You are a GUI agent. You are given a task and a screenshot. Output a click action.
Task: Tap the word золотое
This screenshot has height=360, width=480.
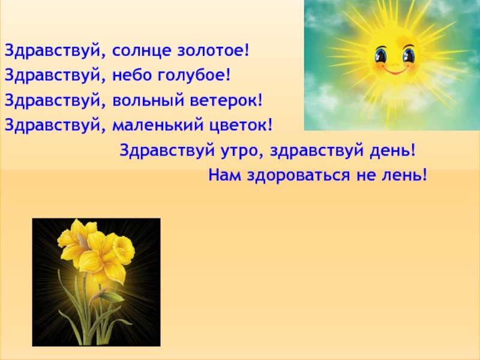(x=211, y=50)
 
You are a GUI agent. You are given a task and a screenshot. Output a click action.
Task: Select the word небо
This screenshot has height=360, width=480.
(x=132, y=75)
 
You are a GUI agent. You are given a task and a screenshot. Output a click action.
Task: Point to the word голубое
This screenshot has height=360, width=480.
(x=191, y=76)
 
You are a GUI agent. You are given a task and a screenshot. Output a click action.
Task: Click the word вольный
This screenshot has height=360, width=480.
(x=148, y=100)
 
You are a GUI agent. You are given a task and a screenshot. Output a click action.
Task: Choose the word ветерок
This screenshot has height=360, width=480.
(x=224, y=101)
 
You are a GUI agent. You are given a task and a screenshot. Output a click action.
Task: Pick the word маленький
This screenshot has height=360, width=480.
(x=158, y=125)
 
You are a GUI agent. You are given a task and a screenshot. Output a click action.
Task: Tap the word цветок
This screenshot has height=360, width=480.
(x=238, y=126)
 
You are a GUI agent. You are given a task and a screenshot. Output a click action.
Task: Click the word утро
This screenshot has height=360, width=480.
(x=239, y=151)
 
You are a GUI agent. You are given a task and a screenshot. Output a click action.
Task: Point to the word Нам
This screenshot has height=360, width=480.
(x=224, y=175)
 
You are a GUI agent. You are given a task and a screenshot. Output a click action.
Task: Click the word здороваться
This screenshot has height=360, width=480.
(x=298, y=176)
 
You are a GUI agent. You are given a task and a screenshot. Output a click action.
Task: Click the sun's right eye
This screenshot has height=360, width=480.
(x=409, y=55)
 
